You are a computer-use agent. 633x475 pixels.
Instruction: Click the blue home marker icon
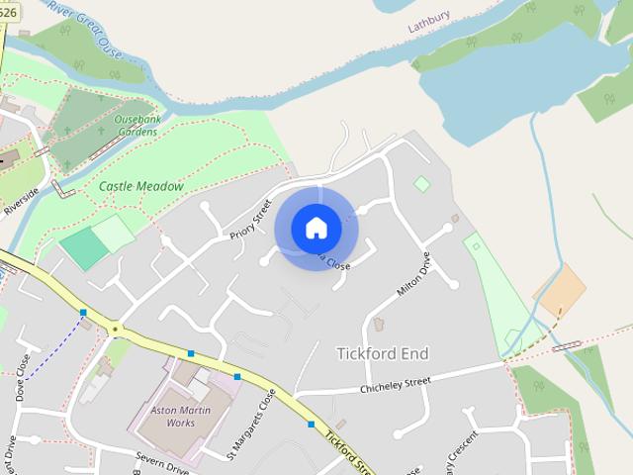(x=316, y=229)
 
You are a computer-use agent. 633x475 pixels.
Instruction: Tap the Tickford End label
(x=383, y=353)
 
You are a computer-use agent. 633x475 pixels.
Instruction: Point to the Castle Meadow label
(x=141, y=186)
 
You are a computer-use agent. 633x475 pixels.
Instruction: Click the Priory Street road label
(x=251, y=220)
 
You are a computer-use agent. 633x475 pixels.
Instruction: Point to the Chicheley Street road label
(x=395, y=381)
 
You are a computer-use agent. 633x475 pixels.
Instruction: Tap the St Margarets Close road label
(x=237, y=425)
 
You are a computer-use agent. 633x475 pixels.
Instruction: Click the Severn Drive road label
(x=162, y=463)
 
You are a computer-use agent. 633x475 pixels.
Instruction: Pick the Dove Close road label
(x=23, y=377)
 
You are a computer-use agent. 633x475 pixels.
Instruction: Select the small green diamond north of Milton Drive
(x=422, y=183)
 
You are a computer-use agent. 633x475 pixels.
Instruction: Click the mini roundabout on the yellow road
(x=116, y=330)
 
